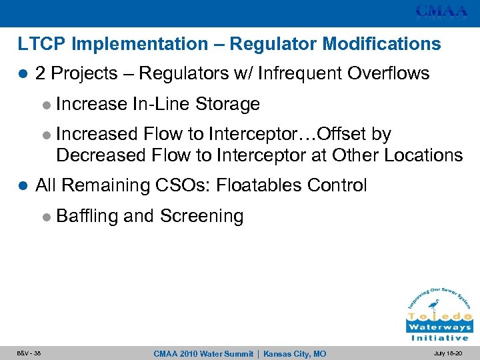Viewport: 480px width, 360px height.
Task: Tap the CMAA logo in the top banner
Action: pyautogui.click(x=441, y=11)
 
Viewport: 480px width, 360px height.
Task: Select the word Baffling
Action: pyautogui.click(x=87, y=216)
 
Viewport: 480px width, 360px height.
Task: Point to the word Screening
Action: pyautogui.click(x=202, y=216)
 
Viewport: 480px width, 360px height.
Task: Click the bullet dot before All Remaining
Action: pyautogui.click(x=23, y=186)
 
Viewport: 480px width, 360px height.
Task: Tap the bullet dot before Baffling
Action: pyautogui.click(x=45, y=217)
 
